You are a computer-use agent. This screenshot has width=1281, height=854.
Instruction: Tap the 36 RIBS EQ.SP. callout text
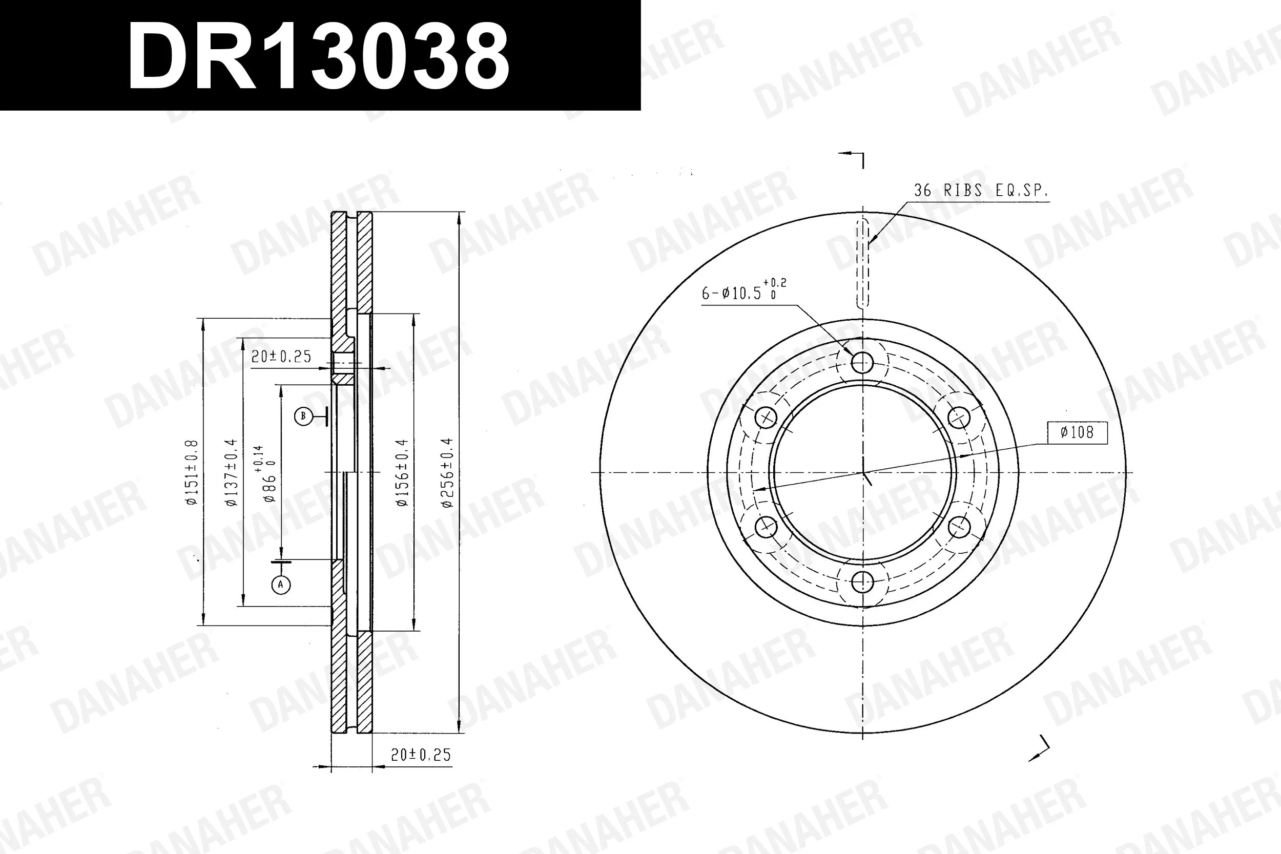980,191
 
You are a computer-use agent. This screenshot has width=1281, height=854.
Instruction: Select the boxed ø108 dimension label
1077,432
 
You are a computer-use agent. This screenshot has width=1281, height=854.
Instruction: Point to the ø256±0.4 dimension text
447,473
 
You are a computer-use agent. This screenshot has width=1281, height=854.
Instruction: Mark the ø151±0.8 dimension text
192,473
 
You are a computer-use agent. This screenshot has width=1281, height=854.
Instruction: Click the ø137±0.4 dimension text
232,473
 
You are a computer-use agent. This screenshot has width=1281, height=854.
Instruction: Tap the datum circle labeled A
281,585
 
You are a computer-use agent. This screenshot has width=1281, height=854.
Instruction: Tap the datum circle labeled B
303,416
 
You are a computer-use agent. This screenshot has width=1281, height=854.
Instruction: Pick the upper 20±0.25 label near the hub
281,357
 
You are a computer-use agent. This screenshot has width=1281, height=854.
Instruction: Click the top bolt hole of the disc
862,362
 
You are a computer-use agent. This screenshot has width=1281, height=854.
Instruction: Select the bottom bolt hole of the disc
862,582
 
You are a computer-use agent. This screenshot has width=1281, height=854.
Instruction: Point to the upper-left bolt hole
767,418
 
